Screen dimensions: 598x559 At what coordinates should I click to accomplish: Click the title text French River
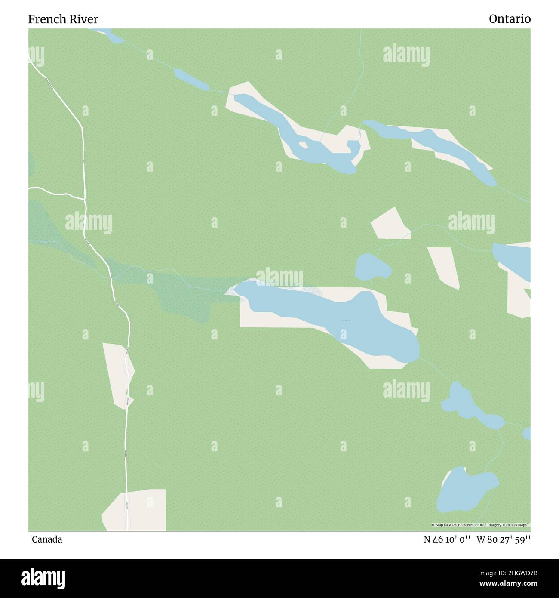pyautogui.click(x=63, y=19)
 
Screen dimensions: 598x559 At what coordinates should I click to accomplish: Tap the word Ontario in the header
pyautogui.click(x=510, y=19)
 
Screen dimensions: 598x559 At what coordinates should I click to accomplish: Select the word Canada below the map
pyautogui.click(x=46, y=539)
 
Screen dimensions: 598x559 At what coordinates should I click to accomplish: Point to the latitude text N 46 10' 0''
pyautogui.click(x=447, y=539)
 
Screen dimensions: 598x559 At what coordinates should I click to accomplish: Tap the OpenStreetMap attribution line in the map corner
pyautogui.click(x=481, y=525)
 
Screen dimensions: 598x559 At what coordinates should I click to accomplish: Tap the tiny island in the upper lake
pyautogui.click(x=303, y=145)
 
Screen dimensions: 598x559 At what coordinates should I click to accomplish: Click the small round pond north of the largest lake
pyautogui.click(x=372, y=267)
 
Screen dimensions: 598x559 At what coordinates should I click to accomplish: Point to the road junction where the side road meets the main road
pyautogui.click(x=84, y=199)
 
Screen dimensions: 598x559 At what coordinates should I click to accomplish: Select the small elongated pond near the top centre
pyautogui.click(x=191, y=80)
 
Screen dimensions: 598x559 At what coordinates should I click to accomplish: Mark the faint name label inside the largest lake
pyautogui.click(x=346, y=321)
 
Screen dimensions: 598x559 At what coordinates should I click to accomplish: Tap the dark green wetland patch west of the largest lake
pyautogui.click(x=185, y=293)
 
